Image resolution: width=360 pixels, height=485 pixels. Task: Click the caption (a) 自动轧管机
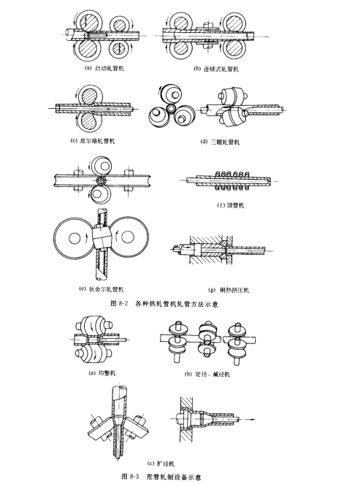pyautogui.click(x=104, y=68)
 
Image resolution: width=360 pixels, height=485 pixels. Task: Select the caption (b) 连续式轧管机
pyautogui.click(x=216, y=69)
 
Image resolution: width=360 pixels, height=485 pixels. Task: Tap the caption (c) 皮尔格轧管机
pyautogui.click(x=93, y=141)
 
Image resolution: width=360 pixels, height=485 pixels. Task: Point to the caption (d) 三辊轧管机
pyautogui.click(x=220, y=142)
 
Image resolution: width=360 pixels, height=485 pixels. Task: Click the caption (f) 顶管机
pyautogui.click(x=230, y=205)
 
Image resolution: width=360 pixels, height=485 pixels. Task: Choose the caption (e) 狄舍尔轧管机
pyautogui.click(x=102, y=289)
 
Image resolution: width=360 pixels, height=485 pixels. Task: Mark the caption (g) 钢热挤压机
pyautogui.click(x=229, y=290)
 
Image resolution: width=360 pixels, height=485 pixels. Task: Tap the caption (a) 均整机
pyautogui.click(x=102, y=373)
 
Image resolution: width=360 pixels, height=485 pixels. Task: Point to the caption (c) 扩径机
pyautogui.click(x=161, y=463)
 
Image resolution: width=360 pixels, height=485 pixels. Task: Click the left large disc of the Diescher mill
pyautogui.click(x=73, y=237)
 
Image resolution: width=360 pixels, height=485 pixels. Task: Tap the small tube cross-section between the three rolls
pyautogui.click(x=172, y=108)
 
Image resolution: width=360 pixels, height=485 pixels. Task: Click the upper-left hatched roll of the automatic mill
pyautogui.click(x=88, y=21)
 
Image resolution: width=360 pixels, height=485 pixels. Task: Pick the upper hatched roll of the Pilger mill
pyautogui.click(x=90, y=95)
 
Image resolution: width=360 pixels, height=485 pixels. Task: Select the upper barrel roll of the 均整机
pyautogui.click(x=93, y=326)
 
